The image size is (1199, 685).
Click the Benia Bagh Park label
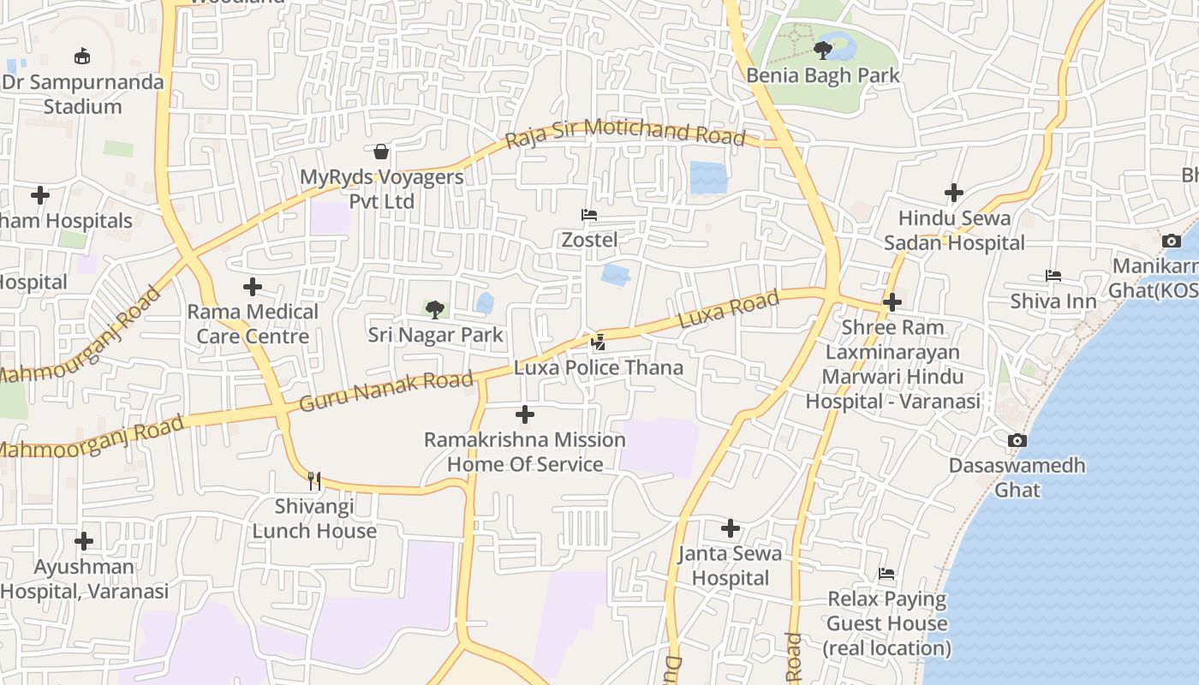click(x=823, y=75)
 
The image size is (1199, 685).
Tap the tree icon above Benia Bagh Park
click(x=823, y=50)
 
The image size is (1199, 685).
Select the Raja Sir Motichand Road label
click(x=624, y=132)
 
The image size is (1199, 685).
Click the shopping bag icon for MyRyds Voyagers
click(x=381, y=152)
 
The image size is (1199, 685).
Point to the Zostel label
click(x=589, y=240)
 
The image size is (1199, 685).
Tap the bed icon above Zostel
click(x=589, y=215)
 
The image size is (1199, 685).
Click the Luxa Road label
click(x=729, y=308)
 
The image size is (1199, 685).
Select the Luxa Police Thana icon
click(x=599, y=342)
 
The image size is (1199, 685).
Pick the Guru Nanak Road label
click(x=386, y=391)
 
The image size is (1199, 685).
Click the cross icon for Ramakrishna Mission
click(x=525, y=415)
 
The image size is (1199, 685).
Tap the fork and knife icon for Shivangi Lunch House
click(x=314, y=480)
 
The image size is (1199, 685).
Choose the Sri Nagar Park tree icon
click(x=435, y=309)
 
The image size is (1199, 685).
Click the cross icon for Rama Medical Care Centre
click(x=253, y=287)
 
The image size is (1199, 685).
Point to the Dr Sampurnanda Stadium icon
click(x=82, y=57)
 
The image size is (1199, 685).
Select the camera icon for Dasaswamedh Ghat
click(x=1017, y=441)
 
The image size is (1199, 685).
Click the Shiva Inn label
click(x=1053, y=301)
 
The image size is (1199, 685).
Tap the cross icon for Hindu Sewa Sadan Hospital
click(x=954, y=193)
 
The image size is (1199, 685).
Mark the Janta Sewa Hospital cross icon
click(x=731, y=528)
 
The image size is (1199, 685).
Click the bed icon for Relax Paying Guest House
click(x=887, y=574)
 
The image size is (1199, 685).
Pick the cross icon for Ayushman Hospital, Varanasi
click(x=84, y=541)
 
